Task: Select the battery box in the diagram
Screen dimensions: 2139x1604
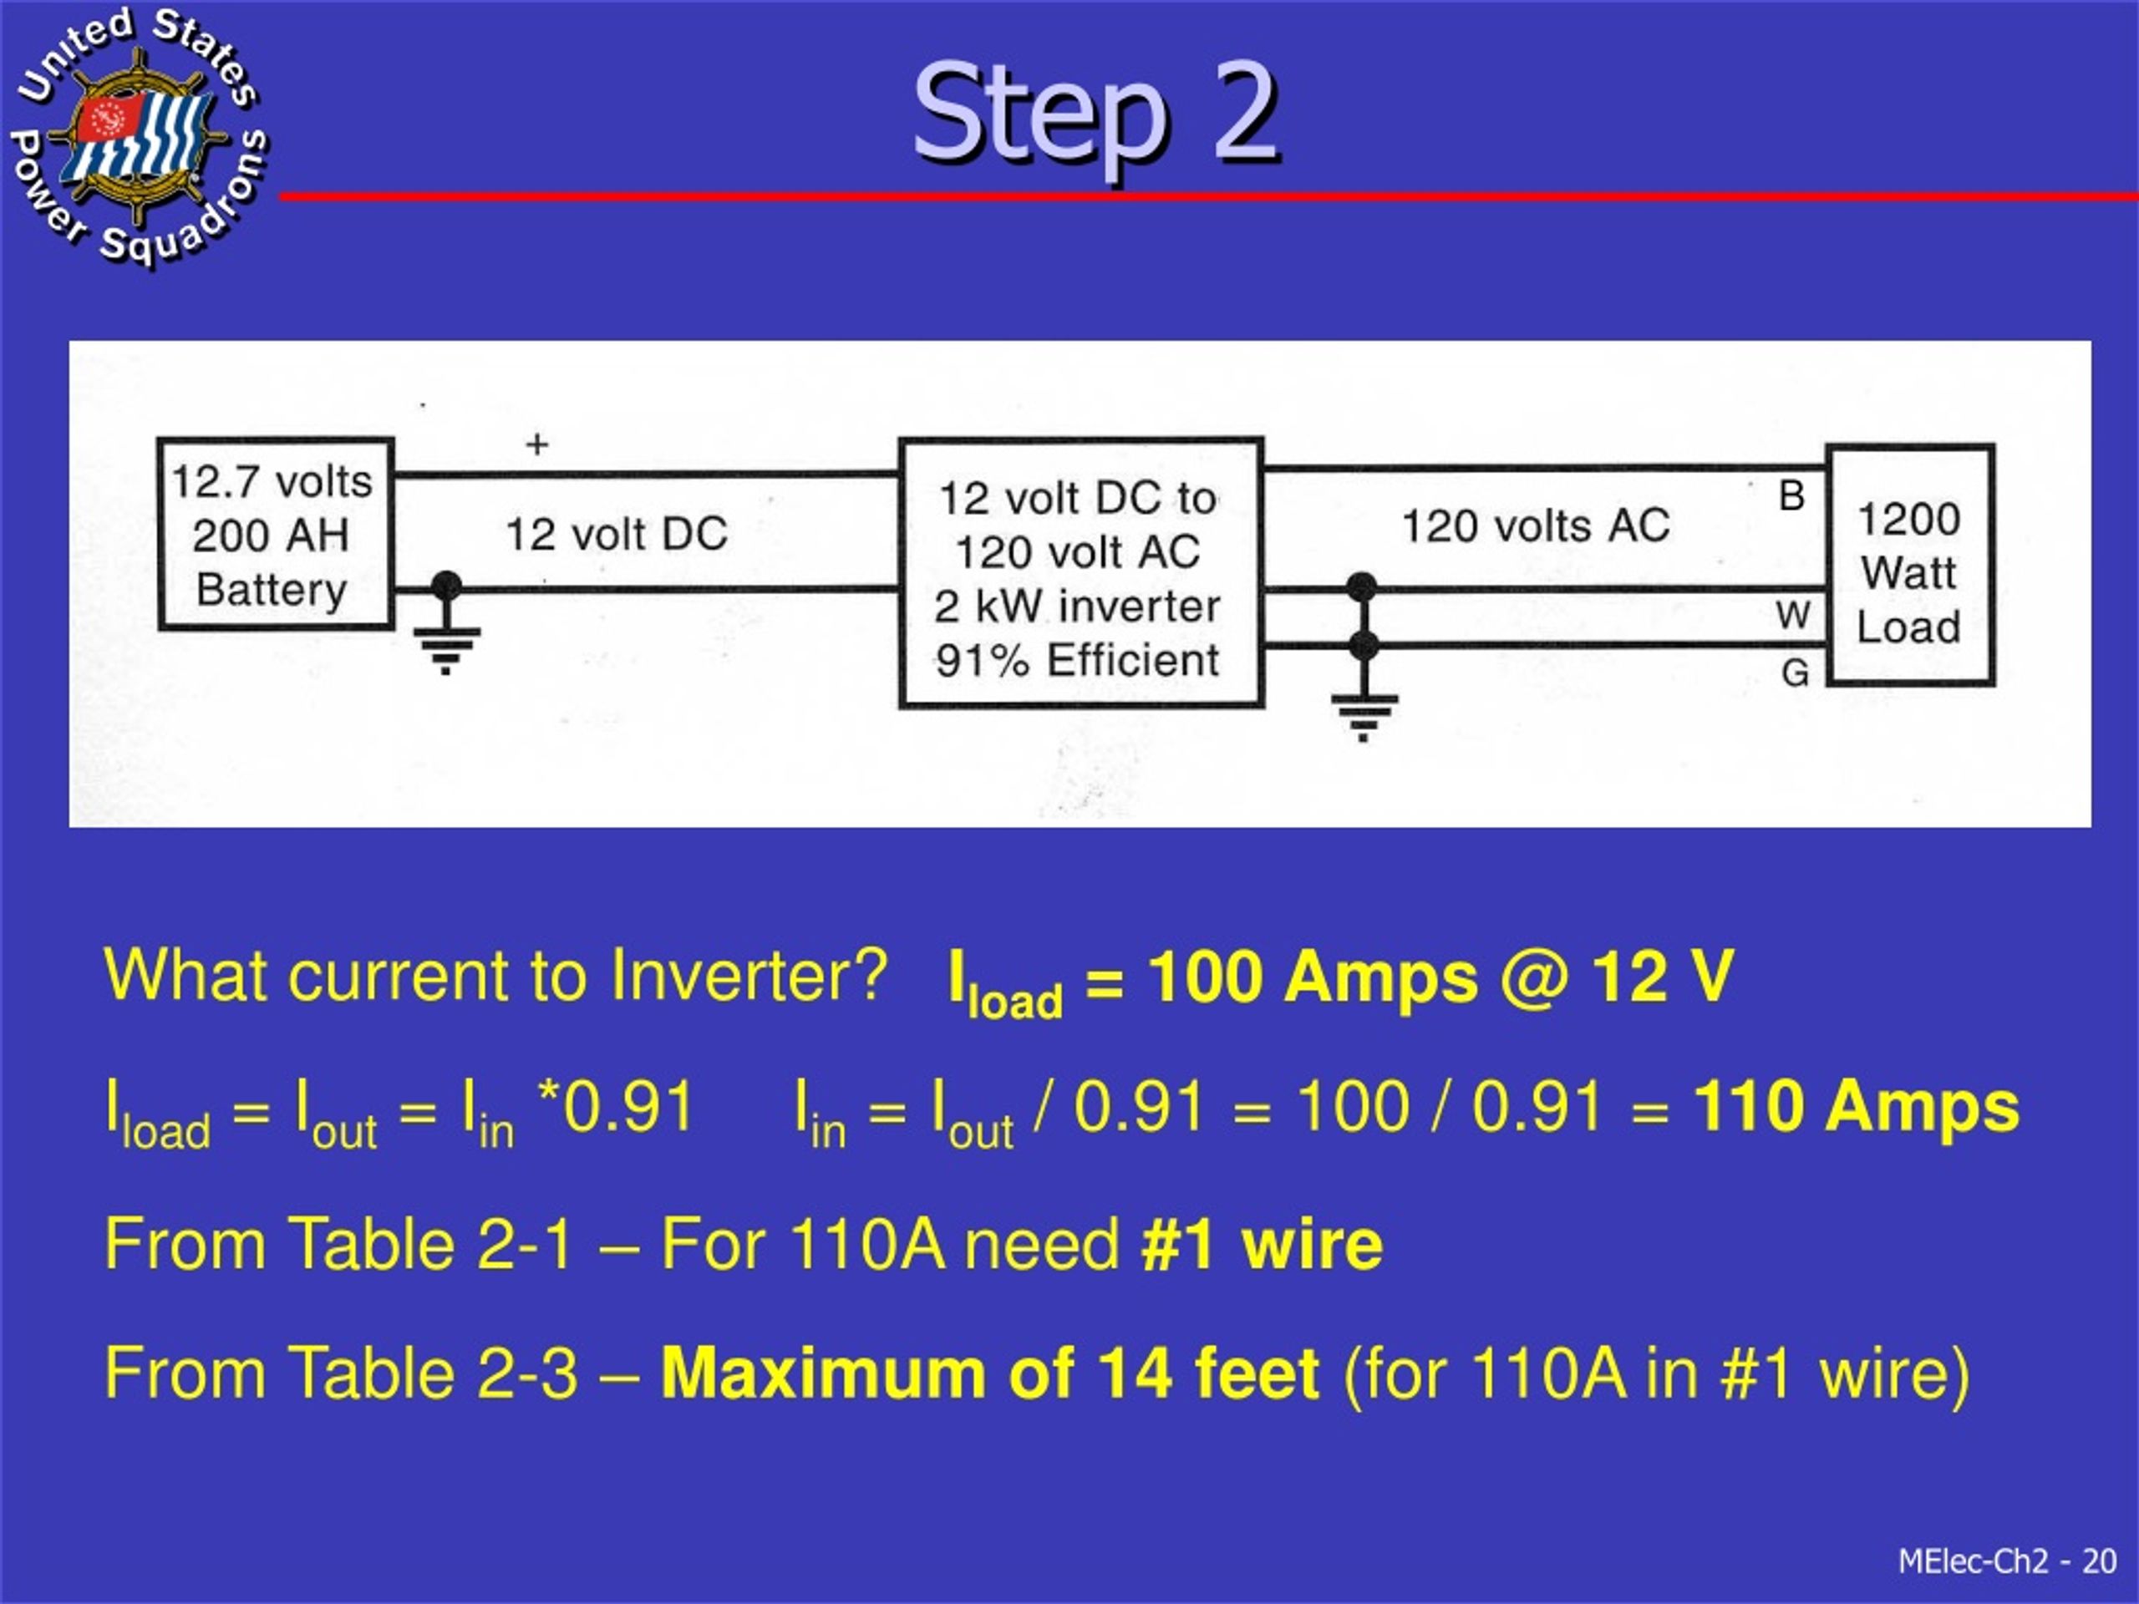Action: pyautogui.click(x=276, y=534)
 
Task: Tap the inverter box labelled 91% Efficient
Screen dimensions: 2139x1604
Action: pyautogui.click(x=1081, y=573)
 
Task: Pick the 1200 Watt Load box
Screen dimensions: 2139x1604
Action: pyautogui.click(x=1910, y=565)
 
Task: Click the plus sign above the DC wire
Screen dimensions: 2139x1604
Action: pyautogui.click(x=536, y=444)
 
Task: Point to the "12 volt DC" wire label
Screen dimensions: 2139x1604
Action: pyautogui.click(x=617, y=534)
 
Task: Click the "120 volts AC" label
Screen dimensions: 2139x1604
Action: pyautogui.click(x=1536, y=526)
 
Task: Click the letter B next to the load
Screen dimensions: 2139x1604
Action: pyautogui.click(x=1792, y=495)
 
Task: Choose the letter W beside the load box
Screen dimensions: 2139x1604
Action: pyautogui.click(x=1793, y=615)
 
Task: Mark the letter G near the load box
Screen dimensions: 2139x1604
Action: pyautogui.click(x=1795, y=673)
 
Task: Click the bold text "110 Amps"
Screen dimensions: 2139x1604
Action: pyautogui.click(x=1857, y=1106)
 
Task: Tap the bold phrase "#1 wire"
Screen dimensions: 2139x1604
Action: pyautogui.click(x=1262, y=1243)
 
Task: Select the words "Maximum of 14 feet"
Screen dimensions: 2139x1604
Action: pyautogui.click(x=989, y=1373)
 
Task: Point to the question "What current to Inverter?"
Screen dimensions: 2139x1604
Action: pyautogui.click(x=495, y=975)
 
